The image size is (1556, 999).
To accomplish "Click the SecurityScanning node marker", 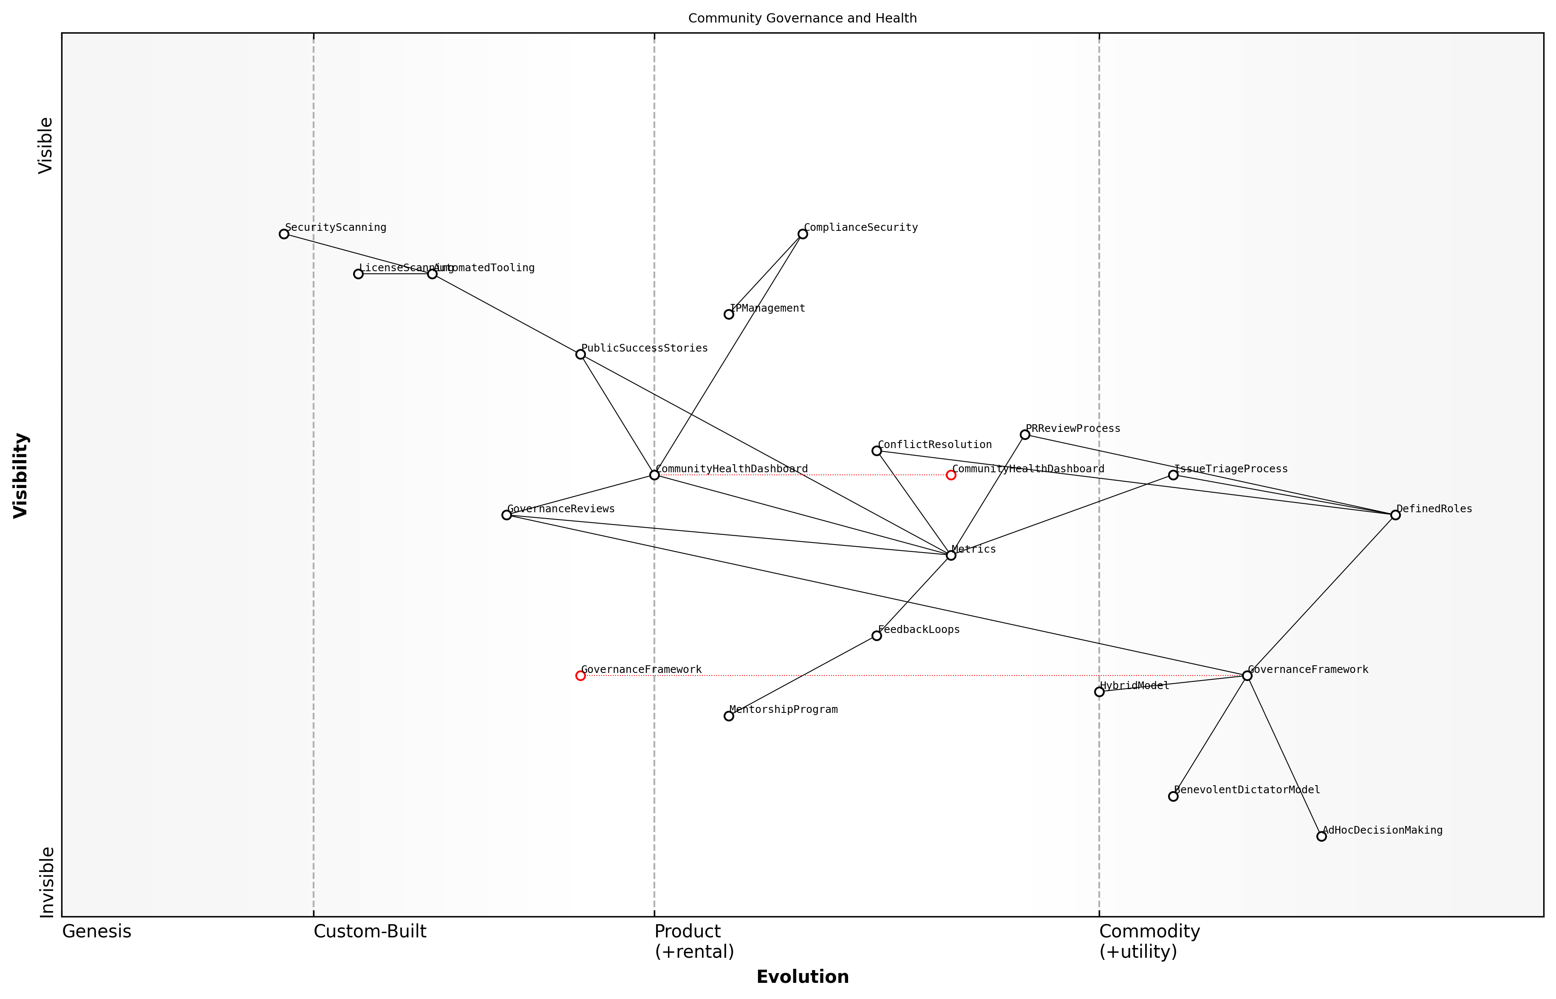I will (284, 234).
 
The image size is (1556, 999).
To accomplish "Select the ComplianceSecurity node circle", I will (803, 234).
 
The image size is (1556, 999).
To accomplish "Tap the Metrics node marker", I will (951, 555).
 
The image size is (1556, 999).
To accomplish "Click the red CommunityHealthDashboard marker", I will (951, 476).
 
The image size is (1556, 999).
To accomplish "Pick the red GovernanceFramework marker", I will (580, 676).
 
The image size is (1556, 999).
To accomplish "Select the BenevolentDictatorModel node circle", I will (1173, 797).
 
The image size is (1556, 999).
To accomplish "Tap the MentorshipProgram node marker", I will (729, 716).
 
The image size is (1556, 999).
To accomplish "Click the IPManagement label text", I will (768, 308).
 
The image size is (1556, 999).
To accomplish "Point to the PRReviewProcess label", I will (1073, 428).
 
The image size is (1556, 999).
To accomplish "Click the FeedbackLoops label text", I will (919, 629).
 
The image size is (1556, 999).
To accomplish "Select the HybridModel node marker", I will (1099, 692).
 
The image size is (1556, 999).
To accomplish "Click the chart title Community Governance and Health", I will (803, 18).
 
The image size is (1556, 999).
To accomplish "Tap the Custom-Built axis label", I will (370, 931).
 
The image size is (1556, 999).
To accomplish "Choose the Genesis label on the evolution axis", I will (96, 931).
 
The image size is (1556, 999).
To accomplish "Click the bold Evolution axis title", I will (803, 977).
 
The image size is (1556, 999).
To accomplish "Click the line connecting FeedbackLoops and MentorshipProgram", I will (803, 676).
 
